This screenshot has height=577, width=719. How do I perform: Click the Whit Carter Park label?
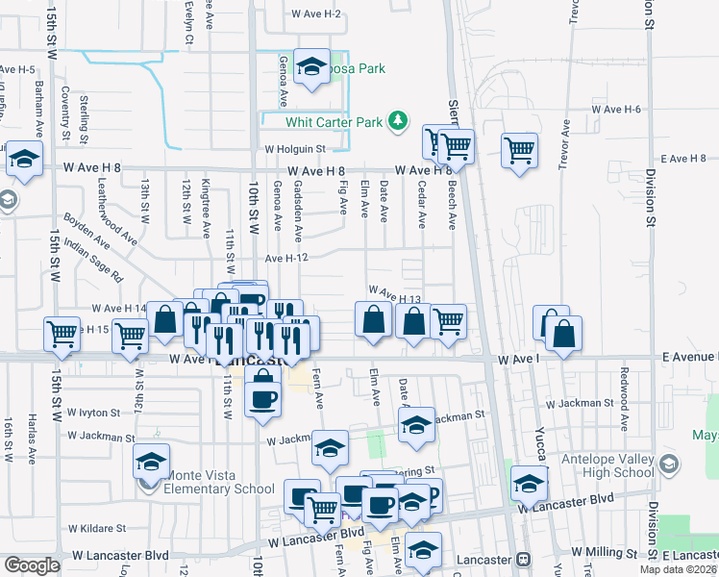coord(335,122)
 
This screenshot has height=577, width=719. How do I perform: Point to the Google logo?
coord(31,565)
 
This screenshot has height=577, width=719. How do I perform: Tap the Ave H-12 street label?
coord(285,258)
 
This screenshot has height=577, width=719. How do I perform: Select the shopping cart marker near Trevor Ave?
coord(519,150)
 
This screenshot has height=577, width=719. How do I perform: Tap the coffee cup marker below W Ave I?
coord(262,397)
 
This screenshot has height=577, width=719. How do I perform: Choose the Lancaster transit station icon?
coord(523,559)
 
